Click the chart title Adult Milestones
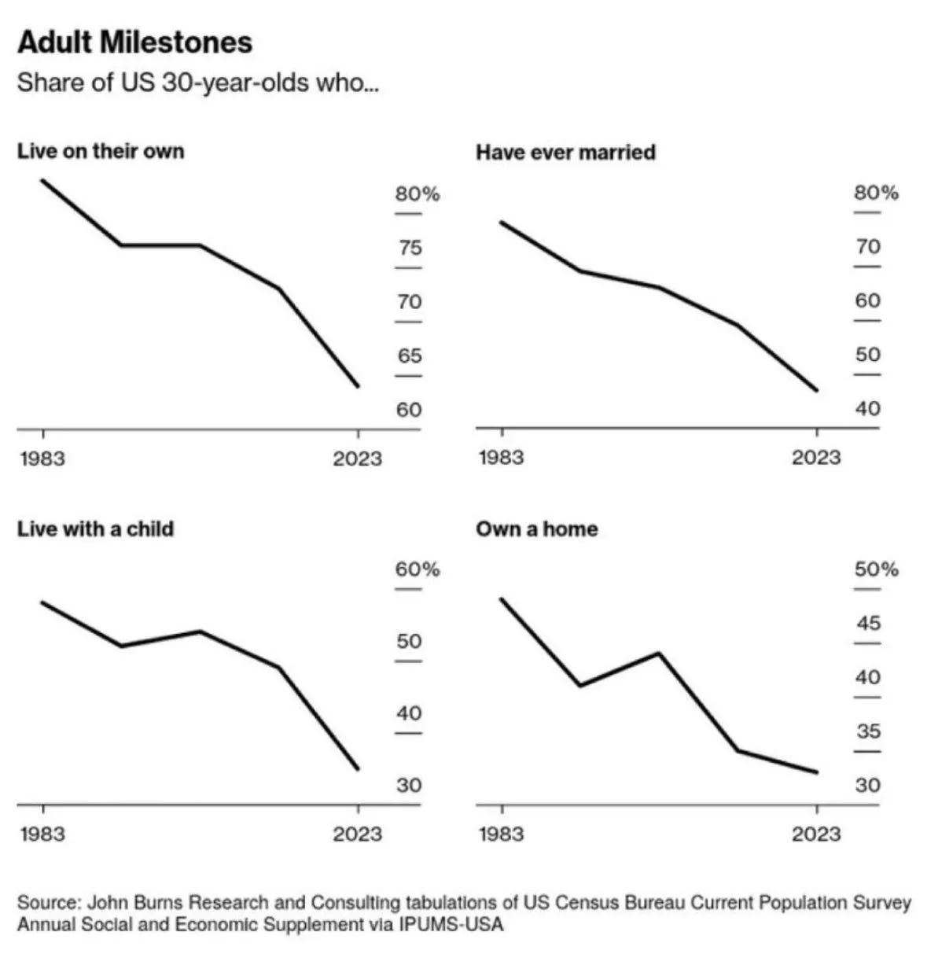coord(134,42)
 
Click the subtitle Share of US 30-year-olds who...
coord(197,83)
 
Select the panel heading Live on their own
coord(101,151)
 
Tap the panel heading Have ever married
coord(565,152)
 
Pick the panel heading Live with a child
coord(95,529)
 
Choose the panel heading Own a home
coord(536,529)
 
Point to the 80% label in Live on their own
coord(417,193)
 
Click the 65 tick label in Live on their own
coord(409,356)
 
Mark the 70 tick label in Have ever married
coord(868,247)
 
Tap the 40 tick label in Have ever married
coord(868,409)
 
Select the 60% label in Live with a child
coord(417,569)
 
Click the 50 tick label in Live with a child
coord(409,642)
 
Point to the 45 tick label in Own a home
coord(868,624)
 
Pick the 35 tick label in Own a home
coord(868,731)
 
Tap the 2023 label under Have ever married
coord(816,458)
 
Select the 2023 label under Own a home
coord(816,834)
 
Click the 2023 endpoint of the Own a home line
coord(817,772)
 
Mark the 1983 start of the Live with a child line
coord(42,602)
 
